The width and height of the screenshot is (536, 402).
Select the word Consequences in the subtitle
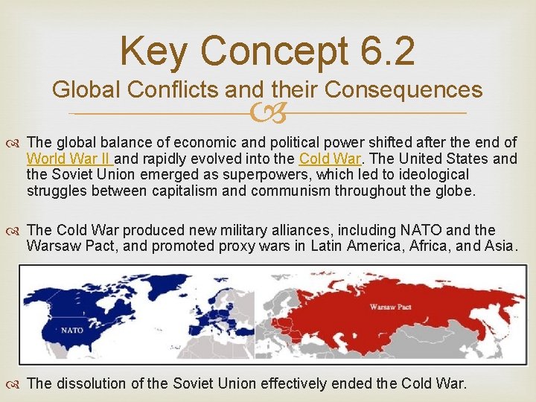point(403,90)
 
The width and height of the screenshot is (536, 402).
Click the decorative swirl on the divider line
point(268,113)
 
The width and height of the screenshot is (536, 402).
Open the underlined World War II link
point(68,159)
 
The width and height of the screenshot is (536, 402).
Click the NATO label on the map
point(71,330)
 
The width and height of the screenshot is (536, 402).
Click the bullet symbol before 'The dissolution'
point(16,384)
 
